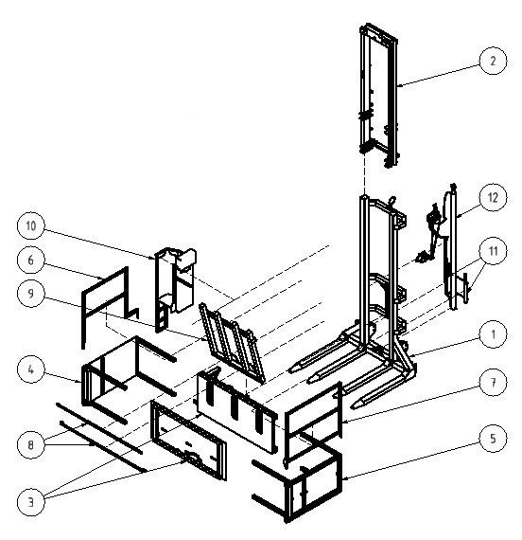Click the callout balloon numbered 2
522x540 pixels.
click(x=493, y=61)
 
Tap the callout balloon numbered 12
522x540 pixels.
click(x=493, y=197)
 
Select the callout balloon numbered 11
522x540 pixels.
click(x=493, y=251)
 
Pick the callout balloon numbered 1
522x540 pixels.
click(x=493, y=333)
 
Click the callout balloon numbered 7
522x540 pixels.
click(x=493, y=382)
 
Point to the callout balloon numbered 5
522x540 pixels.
click(x=493, y=438)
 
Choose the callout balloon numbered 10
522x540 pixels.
click(x=30, y=225)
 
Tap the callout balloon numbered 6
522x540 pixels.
click(x=30, y=260)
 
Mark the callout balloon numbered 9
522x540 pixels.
click(x=30, y=293)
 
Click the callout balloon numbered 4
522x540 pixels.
click(x=30, y=369)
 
